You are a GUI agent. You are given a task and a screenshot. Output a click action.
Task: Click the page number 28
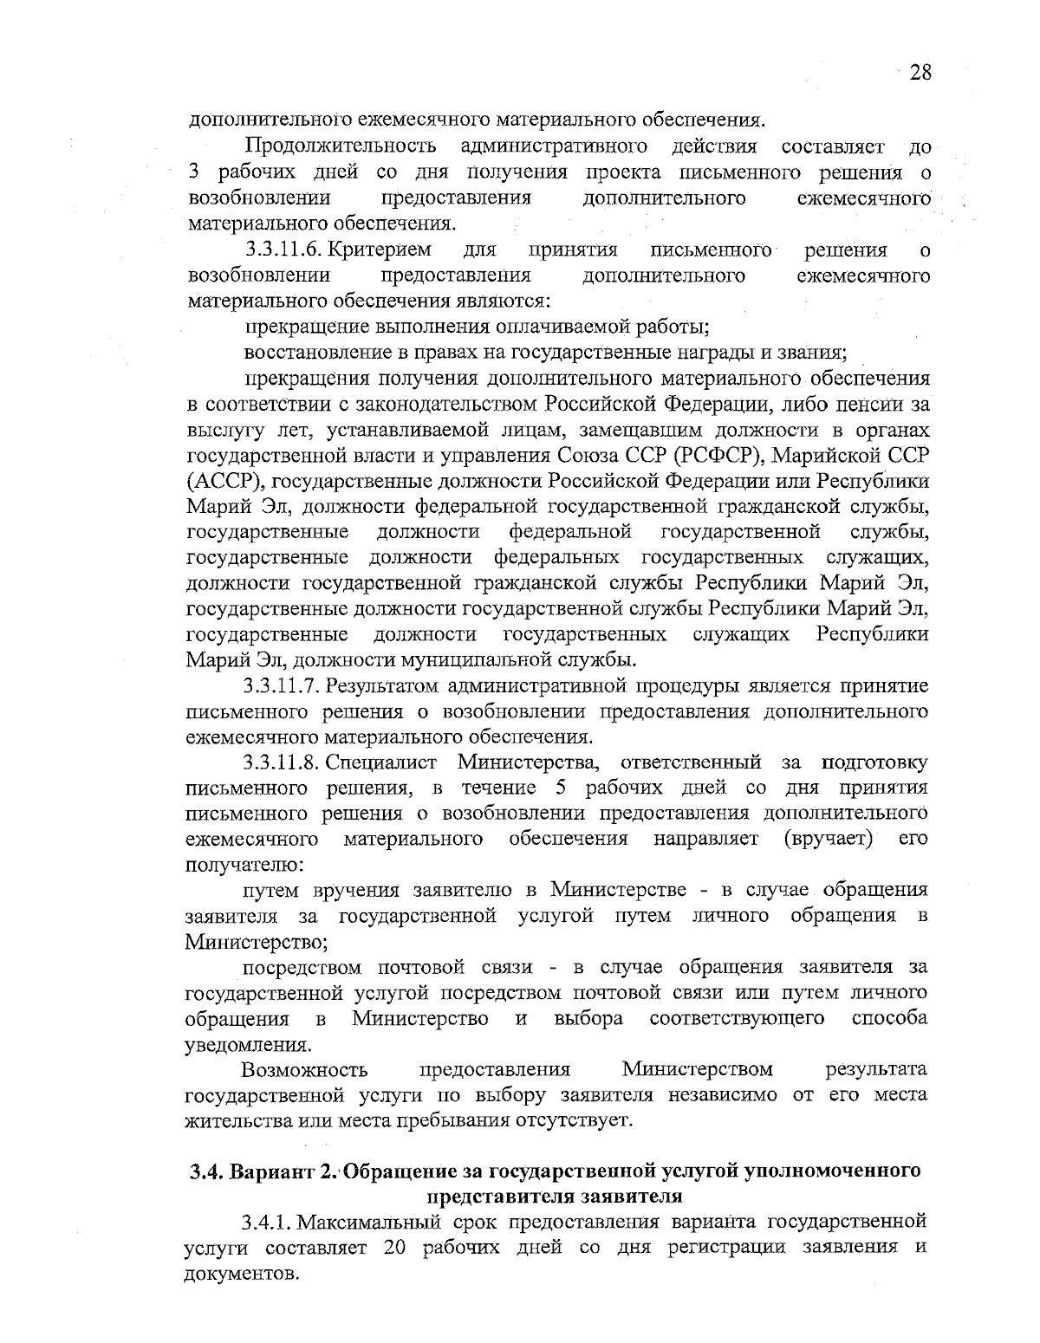[920, 73]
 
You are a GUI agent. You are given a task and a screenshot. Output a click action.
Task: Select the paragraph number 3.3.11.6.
[284, 250]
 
